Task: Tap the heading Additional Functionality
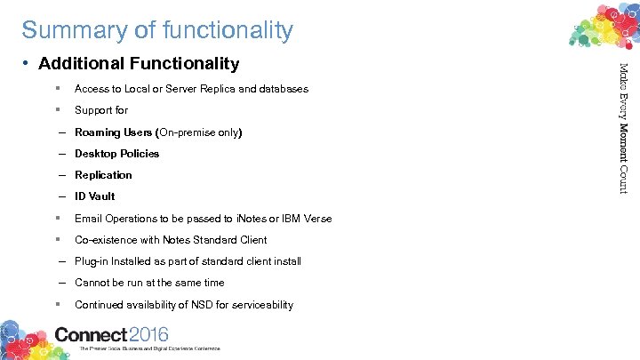[139, 63]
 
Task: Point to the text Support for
[101, 110]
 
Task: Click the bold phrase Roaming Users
[114, 132]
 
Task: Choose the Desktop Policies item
[117, 154]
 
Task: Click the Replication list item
[103, 175]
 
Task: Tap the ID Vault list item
[95, 196]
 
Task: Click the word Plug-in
[93, 261]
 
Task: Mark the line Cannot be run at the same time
[149, 283]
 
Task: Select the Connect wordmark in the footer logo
[92, 335]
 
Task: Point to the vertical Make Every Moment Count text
[623, 128]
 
